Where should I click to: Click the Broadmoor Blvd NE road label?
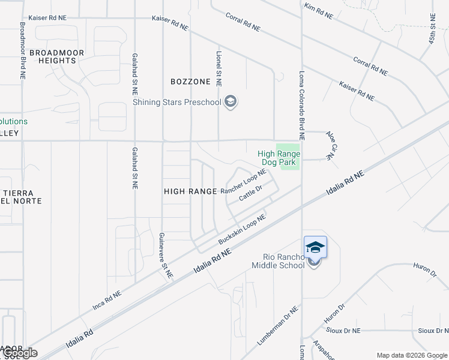click(22, 51)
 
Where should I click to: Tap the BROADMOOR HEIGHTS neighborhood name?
click(53, 56)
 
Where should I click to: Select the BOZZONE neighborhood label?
click(190, 81)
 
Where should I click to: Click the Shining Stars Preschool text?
click(177, 102)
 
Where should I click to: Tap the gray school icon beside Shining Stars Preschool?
click(230, 102)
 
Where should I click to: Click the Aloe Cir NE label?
click(330, 145)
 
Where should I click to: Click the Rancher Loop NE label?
click(243, 181)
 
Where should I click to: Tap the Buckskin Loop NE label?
click(242, 230)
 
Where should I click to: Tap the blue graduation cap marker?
click(315, 247)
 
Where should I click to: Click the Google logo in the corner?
click(21, 353)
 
